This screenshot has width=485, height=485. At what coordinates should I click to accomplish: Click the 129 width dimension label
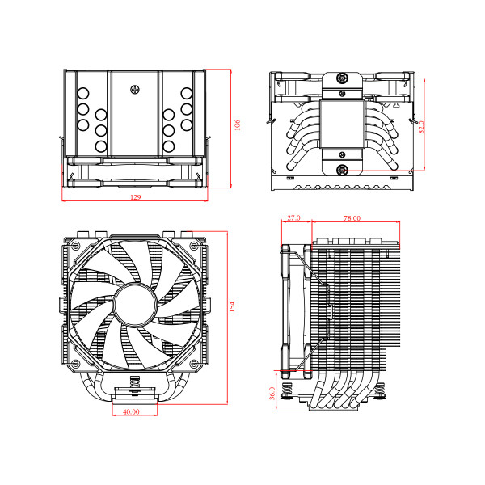pos(135,198)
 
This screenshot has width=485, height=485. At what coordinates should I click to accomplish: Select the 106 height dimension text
pos(237,126)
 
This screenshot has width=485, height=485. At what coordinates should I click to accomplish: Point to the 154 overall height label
pos(231,306)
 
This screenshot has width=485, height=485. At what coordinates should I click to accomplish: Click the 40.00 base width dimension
pos(130,411)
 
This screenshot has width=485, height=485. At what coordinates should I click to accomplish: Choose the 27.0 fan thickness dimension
pos(293,218)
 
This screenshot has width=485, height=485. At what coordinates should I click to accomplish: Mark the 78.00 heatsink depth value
pos(352,218)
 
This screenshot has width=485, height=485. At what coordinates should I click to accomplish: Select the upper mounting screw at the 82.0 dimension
pos(343,78)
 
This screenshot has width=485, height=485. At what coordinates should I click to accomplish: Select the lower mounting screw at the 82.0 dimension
pos(343,170)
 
